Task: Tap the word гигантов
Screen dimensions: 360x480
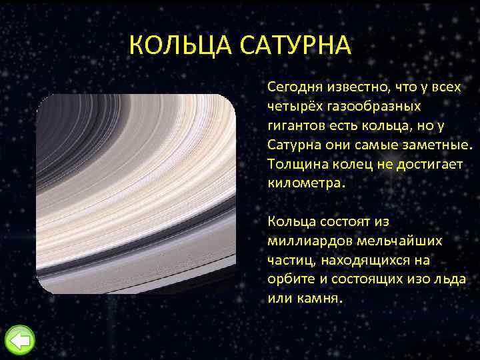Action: [x=294, y=125]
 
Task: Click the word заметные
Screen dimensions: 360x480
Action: [x=435, y=144]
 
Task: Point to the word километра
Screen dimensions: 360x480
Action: [x=303, y=182]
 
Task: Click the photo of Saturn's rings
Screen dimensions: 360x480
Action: [x=136, y=194]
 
